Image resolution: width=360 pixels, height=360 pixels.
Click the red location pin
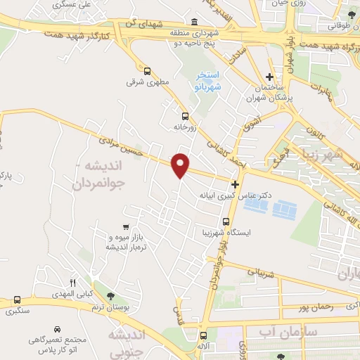pos(181,165)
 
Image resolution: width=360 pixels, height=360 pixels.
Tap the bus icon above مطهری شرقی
pos(148,71)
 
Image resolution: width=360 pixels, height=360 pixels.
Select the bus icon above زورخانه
pos(185,116)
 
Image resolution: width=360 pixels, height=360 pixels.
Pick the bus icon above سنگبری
pos(17,300)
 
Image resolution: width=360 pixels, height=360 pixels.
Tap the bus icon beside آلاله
pos(204,336)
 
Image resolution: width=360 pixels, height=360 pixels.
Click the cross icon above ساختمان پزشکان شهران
pos(270,77)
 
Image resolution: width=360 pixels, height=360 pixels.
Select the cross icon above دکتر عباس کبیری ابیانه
pos(235,184)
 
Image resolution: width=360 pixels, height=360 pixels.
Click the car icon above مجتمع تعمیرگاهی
pos(56,328)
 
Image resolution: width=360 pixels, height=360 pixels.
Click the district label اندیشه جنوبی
pos(130,342)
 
